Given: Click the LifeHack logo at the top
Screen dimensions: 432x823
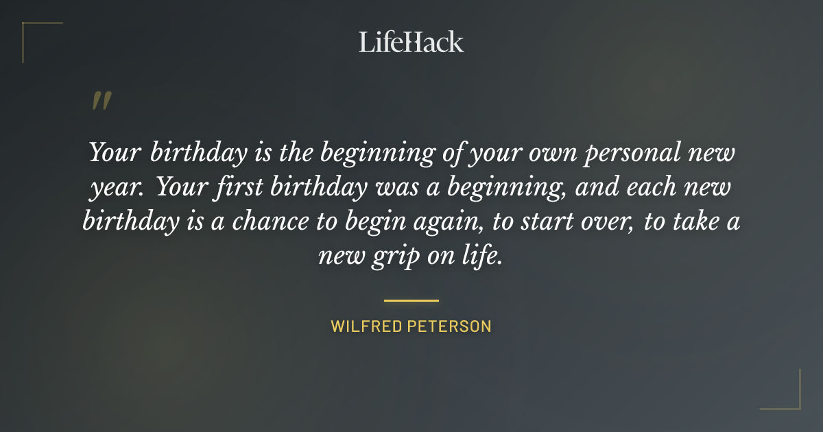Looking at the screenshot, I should pos(411,42).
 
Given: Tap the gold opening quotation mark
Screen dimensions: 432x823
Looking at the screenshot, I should pos(101,101).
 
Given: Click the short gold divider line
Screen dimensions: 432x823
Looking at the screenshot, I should pos(411,300).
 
